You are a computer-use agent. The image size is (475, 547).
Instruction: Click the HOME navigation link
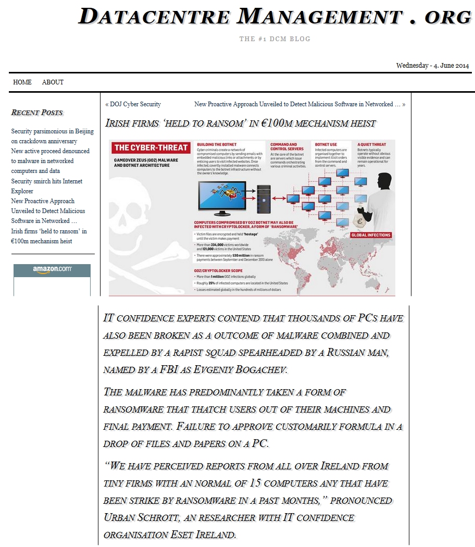22,82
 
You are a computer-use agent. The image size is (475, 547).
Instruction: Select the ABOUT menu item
53,82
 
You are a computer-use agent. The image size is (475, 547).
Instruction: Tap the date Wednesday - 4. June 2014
432,66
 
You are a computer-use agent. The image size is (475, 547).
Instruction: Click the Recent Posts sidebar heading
37,113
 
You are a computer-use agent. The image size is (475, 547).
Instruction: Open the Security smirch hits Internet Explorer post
47,186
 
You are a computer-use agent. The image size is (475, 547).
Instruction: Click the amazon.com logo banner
52,269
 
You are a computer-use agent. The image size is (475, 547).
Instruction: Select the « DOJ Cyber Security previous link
133,104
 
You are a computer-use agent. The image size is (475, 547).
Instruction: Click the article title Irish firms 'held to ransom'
240,123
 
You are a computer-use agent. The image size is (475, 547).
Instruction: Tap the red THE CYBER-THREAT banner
151,147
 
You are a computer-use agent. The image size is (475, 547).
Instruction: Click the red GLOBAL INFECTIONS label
371,235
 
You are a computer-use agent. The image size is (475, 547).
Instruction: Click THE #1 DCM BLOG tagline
274,39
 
